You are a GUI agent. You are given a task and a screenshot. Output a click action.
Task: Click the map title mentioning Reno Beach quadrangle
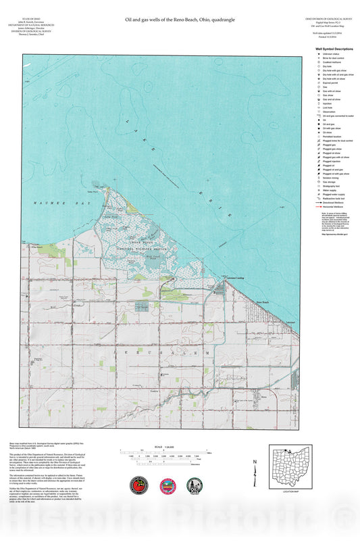pyautogui.click(x=180, y=21)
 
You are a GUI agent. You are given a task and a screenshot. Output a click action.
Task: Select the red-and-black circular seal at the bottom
pyautogui.click(x=138, y=485)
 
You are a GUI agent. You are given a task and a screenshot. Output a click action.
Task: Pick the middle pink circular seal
pyautogui.click(x=166, y=485)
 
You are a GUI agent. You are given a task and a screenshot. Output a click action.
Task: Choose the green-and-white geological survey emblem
pyautogui.click(x=192, y=485)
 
